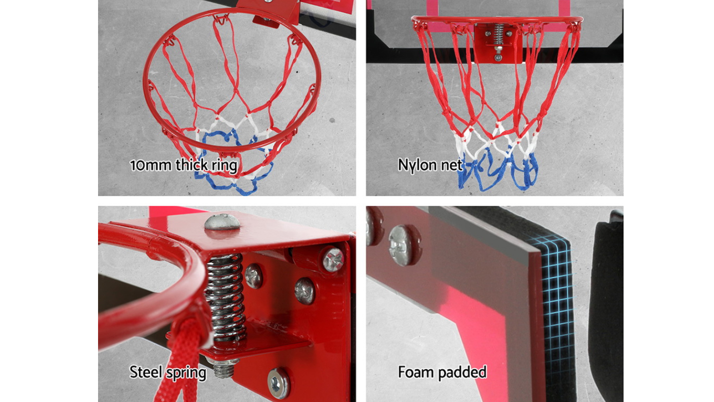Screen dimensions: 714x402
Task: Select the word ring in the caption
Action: (225, 166)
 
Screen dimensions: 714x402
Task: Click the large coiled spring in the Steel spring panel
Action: (225, 297)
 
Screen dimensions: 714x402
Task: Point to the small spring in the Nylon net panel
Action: (498, 34)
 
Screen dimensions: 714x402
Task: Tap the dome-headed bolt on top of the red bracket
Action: (222, 222)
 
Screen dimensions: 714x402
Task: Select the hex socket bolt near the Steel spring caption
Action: (278, 383)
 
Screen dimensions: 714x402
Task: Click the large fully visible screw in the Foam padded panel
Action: (404, 245)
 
